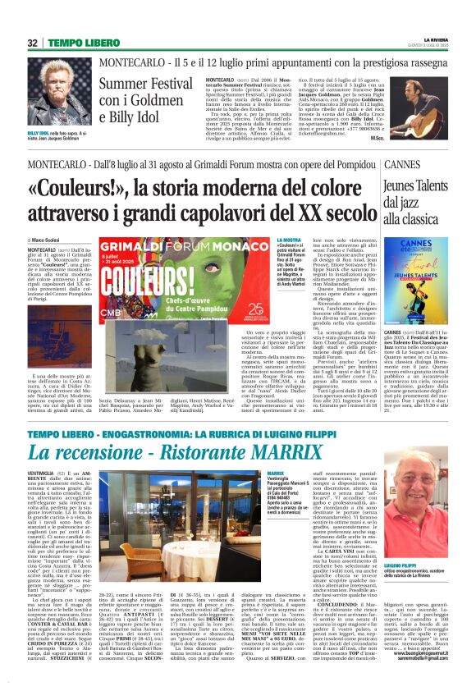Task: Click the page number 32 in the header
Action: pos(32,43)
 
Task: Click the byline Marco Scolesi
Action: pos(51,240)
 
